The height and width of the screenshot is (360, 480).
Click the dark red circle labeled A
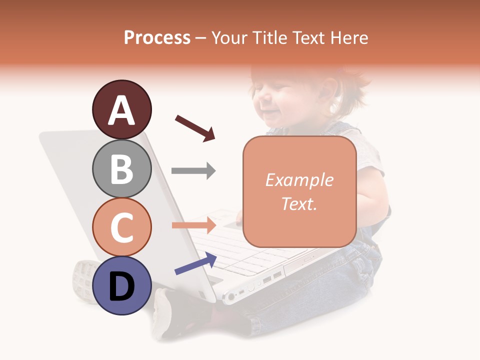(x=121, y=110)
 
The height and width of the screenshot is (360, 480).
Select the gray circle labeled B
(x=121, y=168)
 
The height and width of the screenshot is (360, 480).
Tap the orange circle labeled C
(x=121, y=227)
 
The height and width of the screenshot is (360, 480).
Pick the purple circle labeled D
(x=121, y=285)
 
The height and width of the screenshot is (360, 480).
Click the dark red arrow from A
(x=194, y=128)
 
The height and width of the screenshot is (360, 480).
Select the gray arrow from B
(x=193, y=171)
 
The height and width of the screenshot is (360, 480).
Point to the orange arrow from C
(x=193, y=225)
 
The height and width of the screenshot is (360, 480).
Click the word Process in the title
(x=157, y=38)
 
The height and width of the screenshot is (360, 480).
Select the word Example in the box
(x=299, y=180)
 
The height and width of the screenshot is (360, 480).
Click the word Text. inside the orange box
(x=299, y=203)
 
